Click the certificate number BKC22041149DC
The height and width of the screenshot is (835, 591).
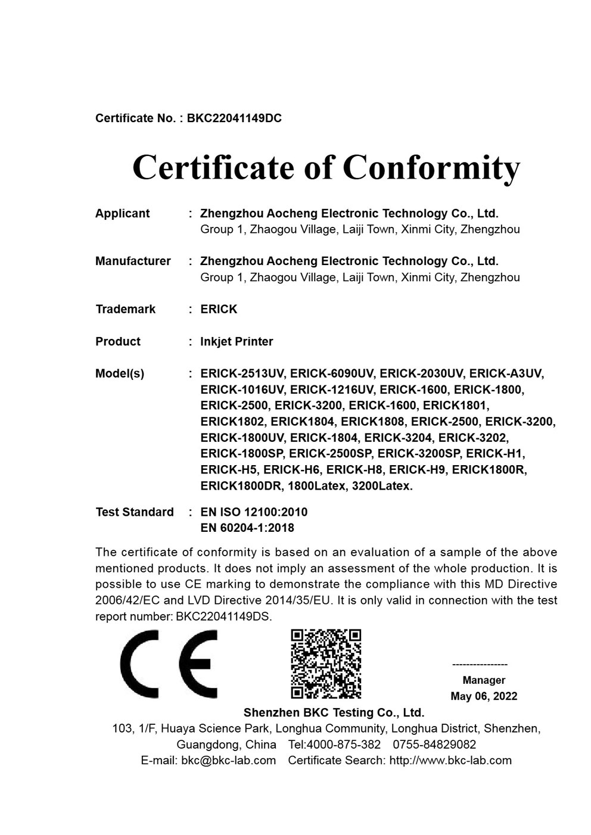234,118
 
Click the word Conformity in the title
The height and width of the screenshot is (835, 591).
431,167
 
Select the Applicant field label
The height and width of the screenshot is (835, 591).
122,213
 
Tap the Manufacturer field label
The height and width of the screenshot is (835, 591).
133,261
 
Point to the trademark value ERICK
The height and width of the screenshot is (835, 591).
219,309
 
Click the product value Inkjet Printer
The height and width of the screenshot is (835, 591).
237,341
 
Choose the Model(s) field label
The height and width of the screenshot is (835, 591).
120,373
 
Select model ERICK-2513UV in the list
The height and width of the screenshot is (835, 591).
242,373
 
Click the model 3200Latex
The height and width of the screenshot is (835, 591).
382,486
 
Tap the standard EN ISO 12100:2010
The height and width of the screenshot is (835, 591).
254,512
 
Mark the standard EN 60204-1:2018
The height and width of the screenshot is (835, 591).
247,528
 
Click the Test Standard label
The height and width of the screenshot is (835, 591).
135,512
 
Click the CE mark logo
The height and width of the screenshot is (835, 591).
169,663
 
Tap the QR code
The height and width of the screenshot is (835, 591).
326,663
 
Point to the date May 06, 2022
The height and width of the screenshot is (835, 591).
484,696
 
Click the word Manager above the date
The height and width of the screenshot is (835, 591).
484,680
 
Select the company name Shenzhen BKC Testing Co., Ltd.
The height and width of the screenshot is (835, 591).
334,712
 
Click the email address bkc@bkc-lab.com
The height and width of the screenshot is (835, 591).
228,760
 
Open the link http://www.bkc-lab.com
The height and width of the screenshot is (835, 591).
450,760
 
